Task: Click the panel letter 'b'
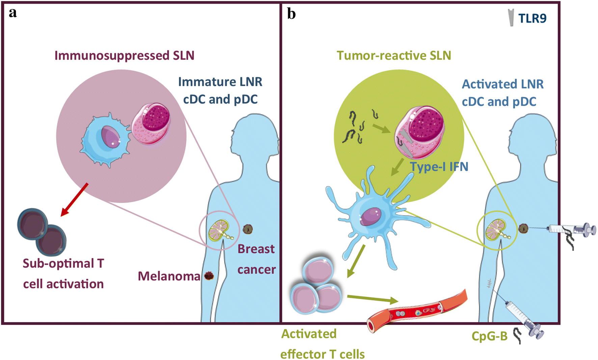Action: click(x=291, y=14)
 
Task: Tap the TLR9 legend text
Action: click(x=532, y=18)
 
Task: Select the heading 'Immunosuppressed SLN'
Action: click(x=124, y=56)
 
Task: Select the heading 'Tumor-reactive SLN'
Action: click(x=393, y=56)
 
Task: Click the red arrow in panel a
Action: click(x=75, y=199)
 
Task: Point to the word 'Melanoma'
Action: click(x=169, y=276)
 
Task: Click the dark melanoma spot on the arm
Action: click(x=209, y=276)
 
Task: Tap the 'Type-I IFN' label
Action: click(x=439, y=167)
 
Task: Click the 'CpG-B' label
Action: click(x=489, y=336)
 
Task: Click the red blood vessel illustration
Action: click(x=417, y=311)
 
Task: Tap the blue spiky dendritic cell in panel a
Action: click(x=105, y=140)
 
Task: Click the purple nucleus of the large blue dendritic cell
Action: click(x=371, y=216)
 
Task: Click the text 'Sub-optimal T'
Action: click(x=63, y=264)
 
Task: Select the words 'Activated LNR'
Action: click(x=502, y=84)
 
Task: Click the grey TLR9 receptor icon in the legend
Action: click(x=511, y=18)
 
